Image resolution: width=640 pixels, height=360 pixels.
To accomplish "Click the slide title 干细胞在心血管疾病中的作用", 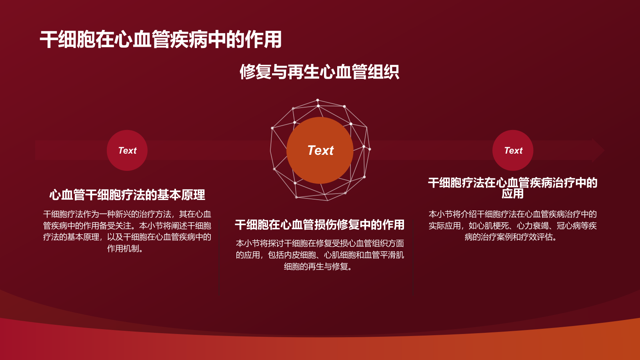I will coord(161,40).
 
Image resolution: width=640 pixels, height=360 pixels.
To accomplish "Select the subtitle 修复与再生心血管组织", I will coord(319,72).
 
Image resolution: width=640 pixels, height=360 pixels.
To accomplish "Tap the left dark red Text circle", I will coord(127,150).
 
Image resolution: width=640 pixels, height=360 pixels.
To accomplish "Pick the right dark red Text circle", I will coord(513,150).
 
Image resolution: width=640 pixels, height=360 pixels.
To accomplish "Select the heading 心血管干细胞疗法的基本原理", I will coord(127,195).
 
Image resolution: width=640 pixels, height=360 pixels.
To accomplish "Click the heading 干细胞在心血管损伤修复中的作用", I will coord(319,225).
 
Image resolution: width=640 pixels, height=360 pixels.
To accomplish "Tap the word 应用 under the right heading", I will coord(513,194).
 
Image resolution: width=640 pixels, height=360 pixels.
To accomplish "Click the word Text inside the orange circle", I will coord(320,150).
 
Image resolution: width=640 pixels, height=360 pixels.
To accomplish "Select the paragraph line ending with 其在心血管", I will coord(127,214).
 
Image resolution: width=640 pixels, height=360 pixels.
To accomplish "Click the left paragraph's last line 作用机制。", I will coord(125,248).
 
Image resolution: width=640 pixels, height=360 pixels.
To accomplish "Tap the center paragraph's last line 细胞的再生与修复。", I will coord(318,266).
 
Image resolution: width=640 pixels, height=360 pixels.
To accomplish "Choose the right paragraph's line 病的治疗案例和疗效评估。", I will coord(511,237).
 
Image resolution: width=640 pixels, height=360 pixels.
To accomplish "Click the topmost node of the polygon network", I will coord(318,100).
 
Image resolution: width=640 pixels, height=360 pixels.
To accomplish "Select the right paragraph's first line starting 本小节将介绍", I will coord(513,214).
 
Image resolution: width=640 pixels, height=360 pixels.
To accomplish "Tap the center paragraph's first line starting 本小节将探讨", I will coord(320,243).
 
